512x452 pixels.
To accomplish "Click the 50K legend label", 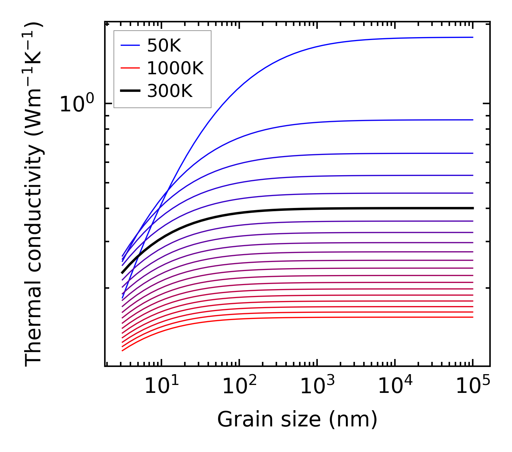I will coord(164,45).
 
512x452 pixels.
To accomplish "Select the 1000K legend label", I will coord(175,68).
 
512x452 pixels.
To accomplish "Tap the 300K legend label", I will coord(170,91).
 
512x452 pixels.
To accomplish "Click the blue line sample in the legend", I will coord(130,45).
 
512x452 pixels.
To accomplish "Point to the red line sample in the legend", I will coord(130,68).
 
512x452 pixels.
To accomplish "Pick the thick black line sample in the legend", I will coord(130,91).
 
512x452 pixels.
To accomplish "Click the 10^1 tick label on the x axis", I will coord(161,386).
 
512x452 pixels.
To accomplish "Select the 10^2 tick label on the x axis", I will coord(239,386).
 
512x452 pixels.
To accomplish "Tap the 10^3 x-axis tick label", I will coord(317,386).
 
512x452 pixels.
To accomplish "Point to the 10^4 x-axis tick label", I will coord(395,386).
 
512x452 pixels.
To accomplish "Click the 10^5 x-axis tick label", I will coord(473,386).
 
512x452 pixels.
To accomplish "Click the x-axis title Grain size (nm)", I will coord(297,420).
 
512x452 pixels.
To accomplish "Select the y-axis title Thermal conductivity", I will coord(34,195).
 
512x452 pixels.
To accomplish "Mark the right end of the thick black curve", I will coord(472,208).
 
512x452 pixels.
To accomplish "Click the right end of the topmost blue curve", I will coord(472,37).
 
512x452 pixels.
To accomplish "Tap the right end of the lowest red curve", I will coord(472,317).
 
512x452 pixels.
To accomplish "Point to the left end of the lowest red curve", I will coord(123,350).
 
